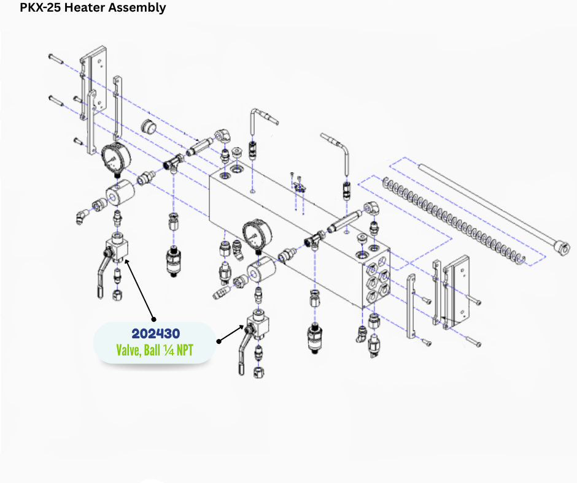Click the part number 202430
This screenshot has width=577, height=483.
tap(156, 334)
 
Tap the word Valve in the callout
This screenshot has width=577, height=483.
tap(128, 350)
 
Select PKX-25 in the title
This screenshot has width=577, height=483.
tap(41, 7)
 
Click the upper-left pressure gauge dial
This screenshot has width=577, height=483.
tap(116, 158)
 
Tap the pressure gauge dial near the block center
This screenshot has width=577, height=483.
tap(257, 235)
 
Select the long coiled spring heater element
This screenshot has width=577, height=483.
tap(454, 221)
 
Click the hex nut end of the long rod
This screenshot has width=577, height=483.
tap(563, 248)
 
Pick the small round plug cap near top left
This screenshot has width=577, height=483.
tap(149, 127)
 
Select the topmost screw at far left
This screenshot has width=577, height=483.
tap(56, 58)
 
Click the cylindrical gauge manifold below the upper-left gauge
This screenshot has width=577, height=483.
tap(120, 191)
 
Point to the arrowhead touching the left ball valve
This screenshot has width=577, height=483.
tap(127, 261)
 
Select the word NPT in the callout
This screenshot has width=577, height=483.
tap(185, 350)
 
